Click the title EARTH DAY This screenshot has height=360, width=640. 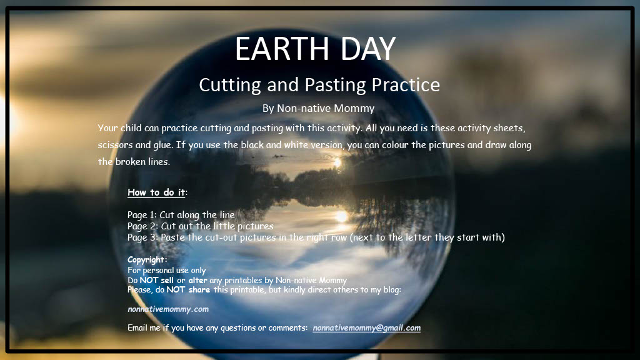pos(315,49)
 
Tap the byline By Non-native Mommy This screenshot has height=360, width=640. pos(318,108)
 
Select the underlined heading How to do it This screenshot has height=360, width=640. pos(156,192)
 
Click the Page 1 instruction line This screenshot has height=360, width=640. pos(181,215)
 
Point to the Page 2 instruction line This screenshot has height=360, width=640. pos(201,226)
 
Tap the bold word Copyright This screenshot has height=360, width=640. pos(146,259)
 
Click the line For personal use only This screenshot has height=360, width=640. pos(166,270)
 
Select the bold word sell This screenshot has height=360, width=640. pos(167,280)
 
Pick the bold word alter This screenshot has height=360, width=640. pos(198,280)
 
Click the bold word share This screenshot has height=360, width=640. pos(199,289)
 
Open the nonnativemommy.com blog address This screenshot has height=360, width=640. pos(168,309)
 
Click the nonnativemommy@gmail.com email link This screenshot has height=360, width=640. pos(366,327)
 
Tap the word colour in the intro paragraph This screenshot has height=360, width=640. pos(394,145)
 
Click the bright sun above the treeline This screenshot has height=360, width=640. pos(337,163)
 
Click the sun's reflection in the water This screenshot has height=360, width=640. pos(342,216)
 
